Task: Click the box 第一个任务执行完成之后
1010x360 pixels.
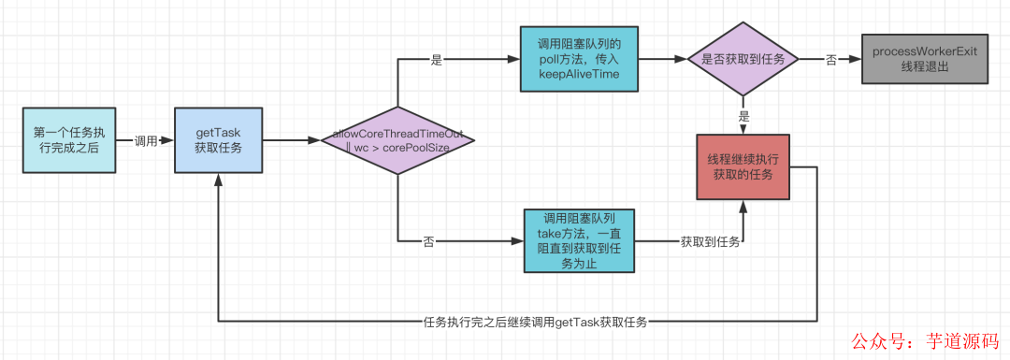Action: pos(68,140)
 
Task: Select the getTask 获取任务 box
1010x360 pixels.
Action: pos(217,140)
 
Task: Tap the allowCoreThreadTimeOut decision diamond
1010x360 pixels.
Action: pos(397,141)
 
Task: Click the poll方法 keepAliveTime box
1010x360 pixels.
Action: pos(579,59)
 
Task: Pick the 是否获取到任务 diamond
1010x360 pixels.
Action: pos(743,59)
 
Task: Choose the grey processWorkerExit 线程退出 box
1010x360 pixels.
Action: pos(923,59)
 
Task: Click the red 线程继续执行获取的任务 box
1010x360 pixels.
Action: pos(743,166)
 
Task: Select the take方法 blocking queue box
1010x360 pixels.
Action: pos(579,240)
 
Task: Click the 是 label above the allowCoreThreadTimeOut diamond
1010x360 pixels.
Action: pos(436,59)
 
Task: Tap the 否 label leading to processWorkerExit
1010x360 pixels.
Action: pos(830,59)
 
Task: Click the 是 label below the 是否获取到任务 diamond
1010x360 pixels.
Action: pos(743,118)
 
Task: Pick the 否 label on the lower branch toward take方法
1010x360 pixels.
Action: pos(429,241)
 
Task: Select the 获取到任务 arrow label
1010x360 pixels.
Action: pos(710,241)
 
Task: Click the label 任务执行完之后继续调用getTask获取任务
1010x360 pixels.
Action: pos(537,322)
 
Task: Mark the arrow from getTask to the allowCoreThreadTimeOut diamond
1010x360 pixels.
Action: pos(290,141)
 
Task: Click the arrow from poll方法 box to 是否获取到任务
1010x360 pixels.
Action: pos(663,59)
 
